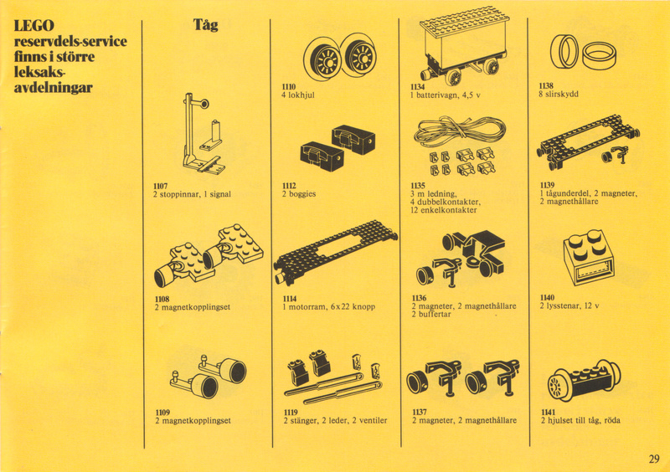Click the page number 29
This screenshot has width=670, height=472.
click(654, 459)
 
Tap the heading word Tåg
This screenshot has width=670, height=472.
click(205, 25)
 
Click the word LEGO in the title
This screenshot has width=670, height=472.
click(34, 25)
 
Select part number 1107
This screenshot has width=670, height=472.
click(161, 187)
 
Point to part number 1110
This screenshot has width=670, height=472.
click(288, 87)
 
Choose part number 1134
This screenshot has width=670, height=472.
click(417, 87)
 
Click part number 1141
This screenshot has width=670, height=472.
click(548, 413)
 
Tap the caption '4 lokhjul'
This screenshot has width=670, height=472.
click(298, 95)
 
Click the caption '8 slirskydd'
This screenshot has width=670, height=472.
click(559, 94)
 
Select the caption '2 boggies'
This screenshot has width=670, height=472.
click(299, 194)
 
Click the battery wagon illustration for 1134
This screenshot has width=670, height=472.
click(463, 45)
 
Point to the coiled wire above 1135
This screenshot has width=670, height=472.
click(460, 131)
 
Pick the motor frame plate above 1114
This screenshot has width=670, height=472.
click(336, 253)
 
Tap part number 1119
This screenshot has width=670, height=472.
click(291, 413)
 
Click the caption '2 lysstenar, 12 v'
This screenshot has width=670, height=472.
click(569, 305)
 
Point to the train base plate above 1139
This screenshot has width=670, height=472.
click(589, 140)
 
